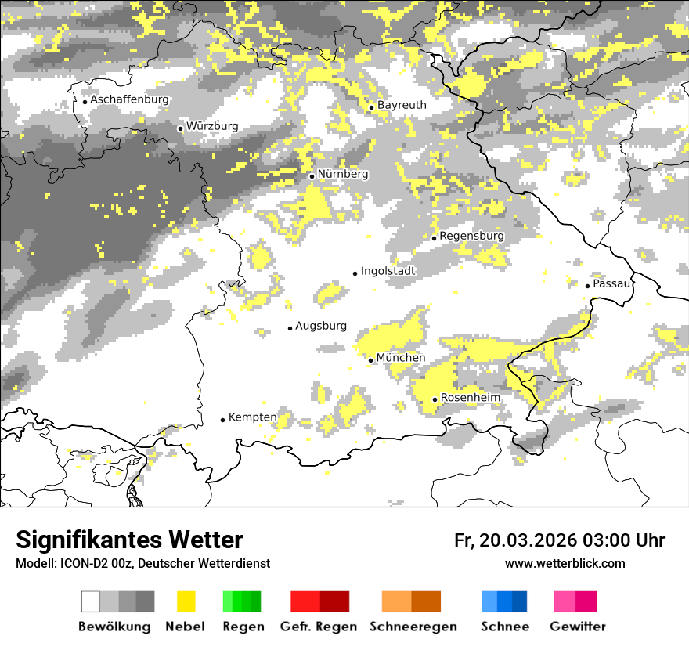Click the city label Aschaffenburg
129,100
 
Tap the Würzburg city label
212,126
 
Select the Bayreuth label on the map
402,105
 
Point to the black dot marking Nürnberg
312,176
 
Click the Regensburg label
471,236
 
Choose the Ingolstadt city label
388,271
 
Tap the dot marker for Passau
587,286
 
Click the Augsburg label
321,326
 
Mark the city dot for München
371,360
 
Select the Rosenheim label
471,398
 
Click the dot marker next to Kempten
222,420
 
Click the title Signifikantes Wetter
129,540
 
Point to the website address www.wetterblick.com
565,563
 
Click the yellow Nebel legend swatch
186,601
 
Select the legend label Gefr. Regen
319,627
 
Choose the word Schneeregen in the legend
413,627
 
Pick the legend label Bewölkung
114,627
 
